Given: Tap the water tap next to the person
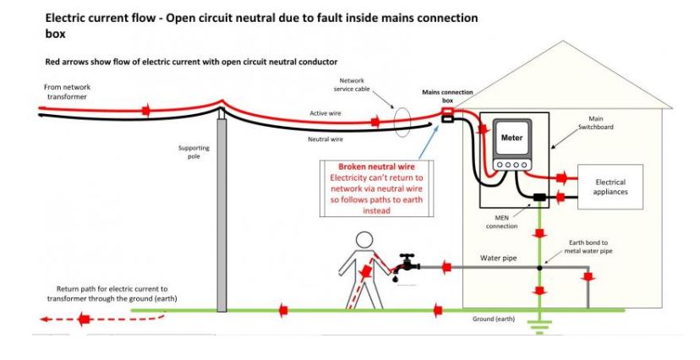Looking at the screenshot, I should pos(410,262).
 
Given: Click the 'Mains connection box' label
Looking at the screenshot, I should pos(448,95).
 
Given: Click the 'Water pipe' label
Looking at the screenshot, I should pos(499,257).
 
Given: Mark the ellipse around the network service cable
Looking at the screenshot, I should pos(404,122).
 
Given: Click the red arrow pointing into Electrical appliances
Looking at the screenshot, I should pos(559,178).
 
